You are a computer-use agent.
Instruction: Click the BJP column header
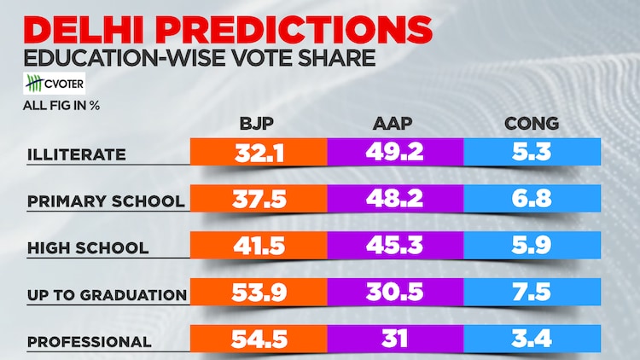click(x=259, y=124)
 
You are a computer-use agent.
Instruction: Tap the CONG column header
click(x=531, y=124)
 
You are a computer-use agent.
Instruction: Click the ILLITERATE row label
click(x=77, y=154)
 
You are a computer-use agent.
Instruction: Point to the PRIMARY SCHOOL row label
click(x=106, y=201)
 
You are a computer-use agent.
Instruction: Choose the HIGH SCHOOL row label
click(x=88, y=248)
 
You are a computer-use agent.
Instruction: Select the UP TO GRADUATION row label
click(x=108, y=295)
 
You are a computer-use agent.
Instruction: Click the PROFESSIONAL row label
click(x=90, y=342)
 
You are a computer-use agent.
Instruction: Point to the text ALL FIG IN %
click(x=61, y=107)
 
